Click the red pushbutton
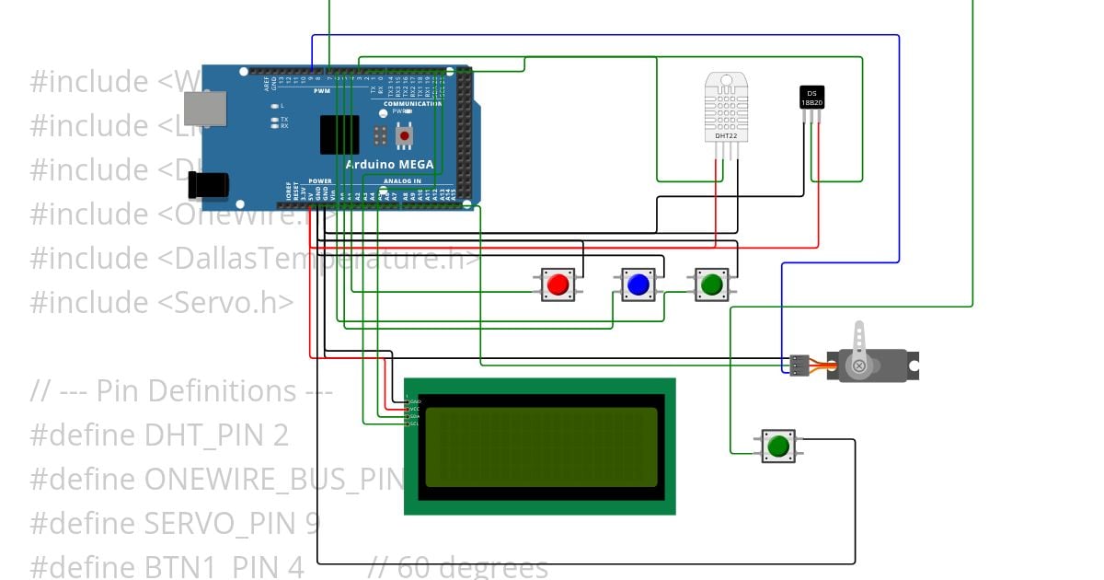tap(558, 284)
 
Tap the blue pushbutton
tap(638, 284)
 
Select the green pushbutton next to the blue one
tap(711, 284)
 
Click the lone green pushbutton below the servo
tap(778, 447)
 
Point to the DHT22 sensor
tap(726, 108)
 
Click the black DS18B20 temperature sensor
tap(811, 98)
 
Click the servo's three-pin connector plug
tap(799, 365)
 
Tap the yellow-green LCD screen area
tap(541, 447)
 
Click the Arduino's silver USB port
tap(204, 108)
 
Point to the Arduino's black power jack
tap(207, 185)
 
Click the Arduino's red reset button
tap(404, 136)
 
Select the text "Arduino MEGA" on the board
tap(390, 165)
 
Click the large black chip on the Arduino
tap(339, 135)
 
